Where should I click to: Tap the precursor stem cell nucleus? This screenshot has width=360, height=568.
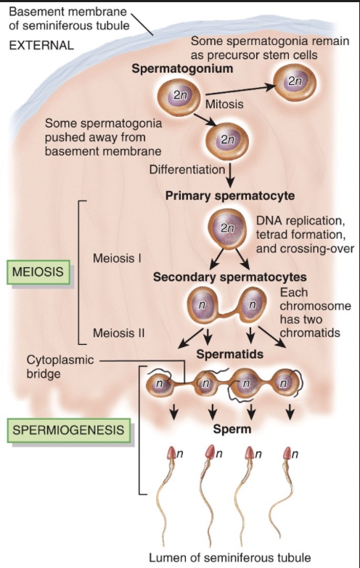[x=294, y=81]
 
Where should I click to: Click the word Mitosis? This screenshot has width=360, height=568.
[x=229, y=104]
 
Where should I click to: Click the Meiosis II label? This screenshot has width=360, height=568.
[x=119, y=333]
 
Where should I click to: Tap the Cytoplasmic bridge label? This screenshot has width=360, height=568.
[x=57, y=366]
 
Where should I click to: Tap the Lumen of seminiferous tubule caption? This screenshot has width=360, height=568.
[x=229, y=557]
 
